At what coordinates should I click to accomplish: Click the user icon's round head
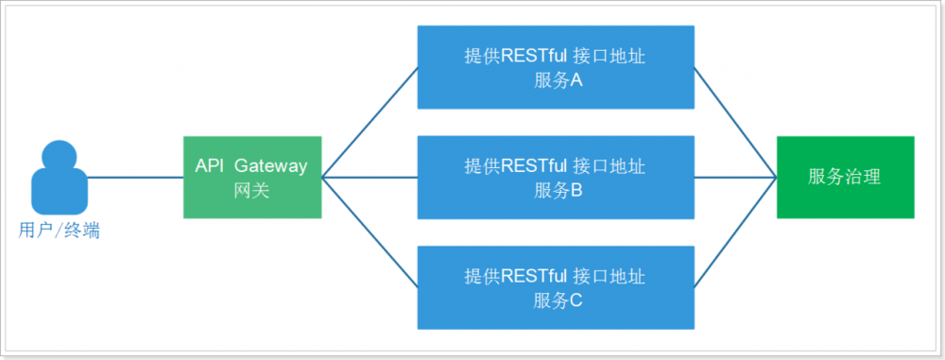pyautogui.click(x=59, y=157)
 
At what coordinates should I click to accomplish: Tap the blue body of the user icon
pyautogui.click(x=59, y=194)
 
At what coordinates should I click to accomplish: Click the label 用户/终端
pyautogui.click(x=59, y=230)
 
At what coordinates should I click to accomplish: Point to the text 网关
pyautogui.click(x=251, y=190)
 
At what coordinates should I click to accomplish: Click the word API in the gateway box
pyautogui.click(x=209, y=165)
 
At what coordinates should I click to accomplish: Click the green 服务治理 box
pyautogui.click(x=845, y=177)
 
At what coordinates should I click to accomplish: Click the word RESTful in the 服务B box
pyautogui.click(x=534, y=166)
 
